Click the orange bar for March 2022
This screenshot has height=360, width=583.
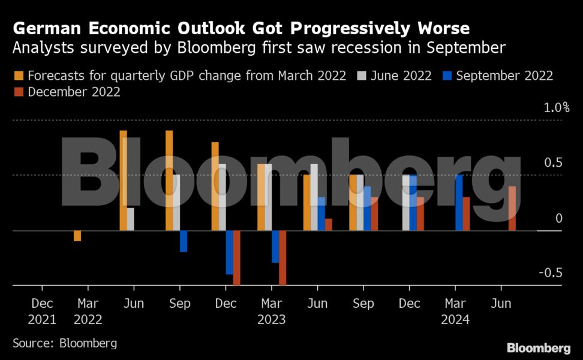(77, 236)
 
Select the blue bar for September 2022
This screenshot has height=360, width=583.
(184, 241)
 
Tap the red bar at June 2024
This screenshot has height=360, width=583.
(512, 209)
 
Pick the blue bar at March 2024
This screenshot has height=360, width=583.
(459, 203)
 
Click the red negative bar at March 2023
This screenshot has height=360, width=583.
(283, 257)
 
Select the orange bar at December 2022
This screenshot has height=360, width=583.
(215, 186)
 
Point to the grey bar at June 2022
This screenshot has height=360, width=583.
(130, 219)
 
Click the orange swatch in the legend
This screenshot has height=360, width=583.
(19, 76)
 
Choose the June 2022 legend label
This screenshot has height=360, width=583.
(400, 76)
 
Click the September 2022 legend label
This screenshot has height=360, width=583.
(504, 76)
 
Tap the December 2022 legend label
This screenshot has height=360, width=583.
(74, 92)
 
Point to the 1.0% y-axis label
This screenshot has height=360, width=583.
(557, 108)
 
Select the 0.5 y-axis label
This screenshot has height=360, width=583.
(553, 163)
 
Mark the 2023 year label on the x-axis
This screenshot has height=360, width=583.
(272, 319)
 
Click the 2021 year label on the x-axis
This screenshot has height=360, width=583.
(42, 319)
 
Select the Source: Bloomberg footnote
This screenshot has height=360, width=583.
(65, 343)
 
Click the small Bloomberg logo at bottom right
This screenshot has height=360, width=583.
(538, 348)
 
